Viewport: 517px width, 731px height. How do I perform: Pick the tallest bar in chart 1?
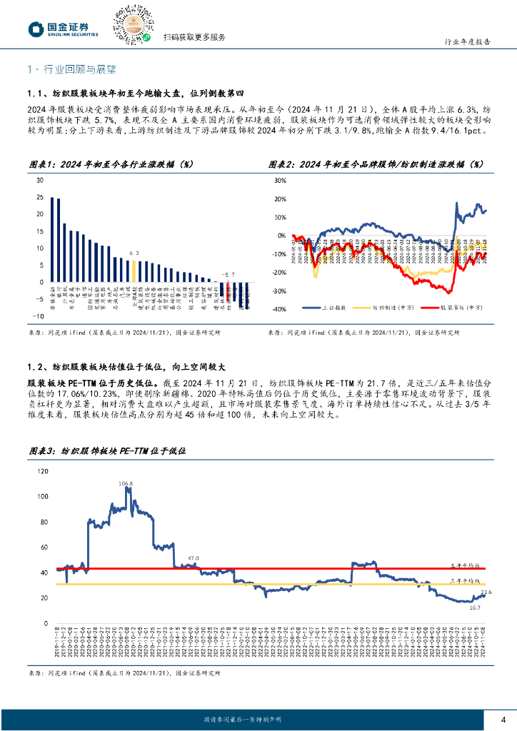tap(53, 239)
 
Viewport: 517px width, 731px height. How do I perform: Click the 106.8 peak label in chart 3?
tap(126, 483)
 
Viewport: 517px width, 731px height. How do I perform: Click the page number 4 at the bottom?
tap(503, 719)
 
